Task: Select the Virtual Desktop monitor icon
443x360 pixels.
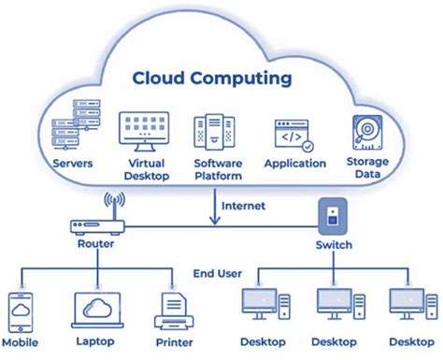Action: tap(144, 131)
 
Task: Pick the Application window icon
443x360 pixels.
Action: tap(293, 137)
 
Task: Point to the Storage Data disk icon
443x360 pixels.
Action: tap(366, 135)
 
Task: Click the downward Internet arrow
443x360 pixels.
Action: tap(214, 209)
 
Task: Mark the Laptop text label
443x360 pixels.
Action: tap(96, 343)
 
